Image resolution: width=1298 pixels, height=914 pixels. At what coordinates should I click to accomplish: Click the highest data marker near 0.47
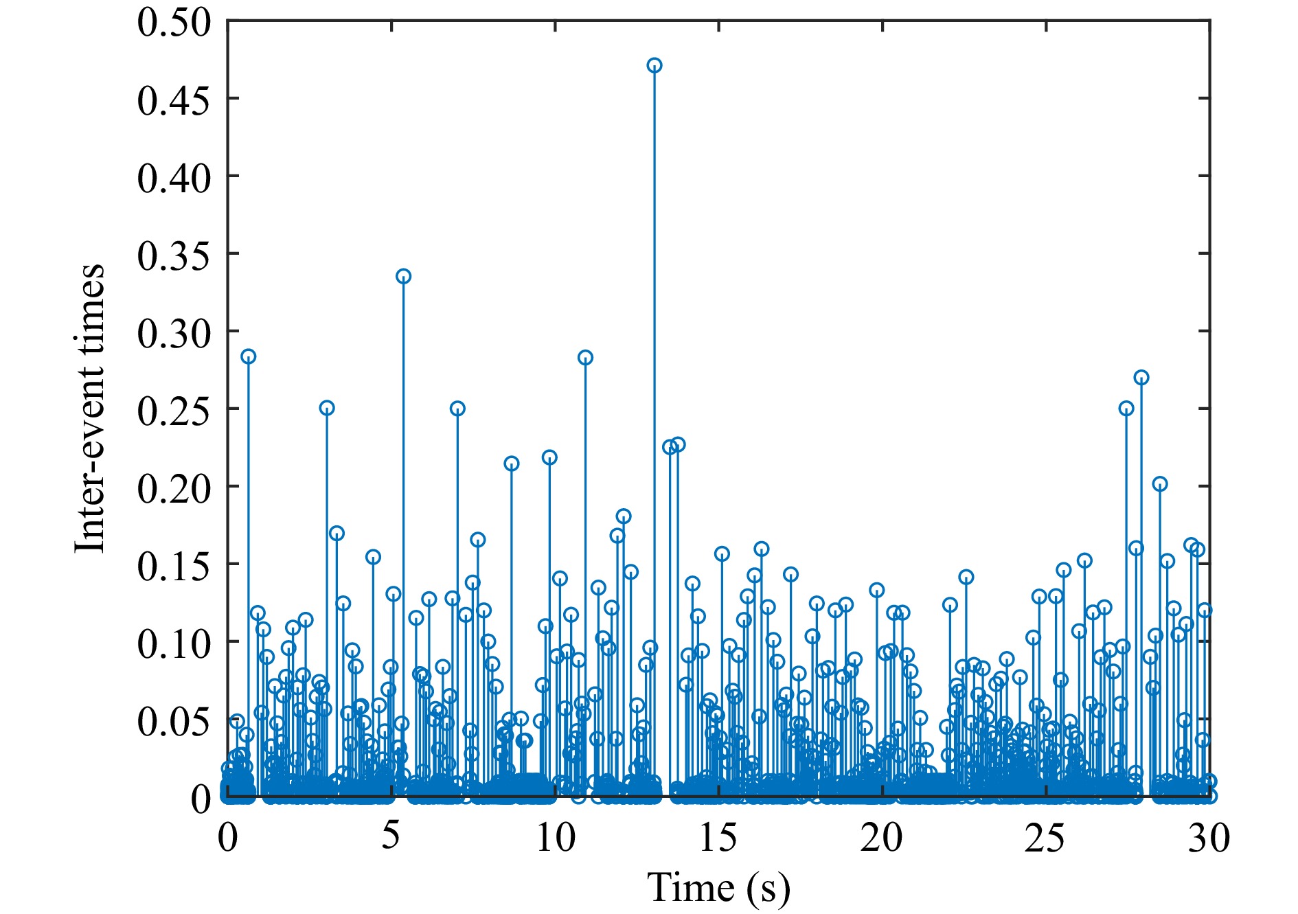(654, 66)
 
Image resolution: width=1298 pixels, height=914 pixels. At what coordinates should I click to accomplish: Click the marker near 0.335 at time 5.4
(404, 277)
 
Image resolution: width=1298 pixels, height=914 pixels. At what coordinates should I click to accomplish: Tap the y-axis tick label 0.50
(174, 22)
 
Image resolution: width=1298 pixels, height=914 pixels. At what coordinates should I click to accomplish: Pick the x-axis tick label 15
(718, 838)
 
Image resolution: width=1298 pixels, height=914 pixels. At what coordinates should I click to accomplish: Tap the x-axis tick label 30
(1209, 838)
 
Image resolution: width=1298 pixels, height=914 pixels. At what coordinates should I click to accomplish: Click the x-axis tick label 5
(391, 838)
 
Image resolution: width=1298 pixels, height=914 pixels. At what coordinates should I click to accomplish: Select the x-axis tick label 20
(882, 838)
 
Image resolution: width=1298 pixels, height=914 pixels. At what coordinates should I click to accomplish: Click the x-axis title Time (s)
(718, 887)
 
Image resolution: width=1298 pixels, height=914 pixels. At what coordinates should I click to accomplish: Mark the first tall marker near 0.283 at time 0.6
(249, 356)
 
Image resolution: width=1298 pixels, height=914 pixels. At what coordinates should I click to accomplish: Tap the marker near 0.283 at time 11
(585, 358)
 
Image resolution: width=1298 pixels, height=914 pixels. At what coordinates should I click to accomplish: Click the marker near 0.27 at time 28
(1141, 378)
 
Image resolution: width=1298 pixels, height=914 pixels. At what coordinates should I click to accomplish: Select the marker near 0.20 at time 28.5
(1160, 484)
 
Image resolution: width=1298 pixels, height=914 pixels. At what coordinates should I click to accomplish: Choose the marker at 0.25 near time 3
(327, 408)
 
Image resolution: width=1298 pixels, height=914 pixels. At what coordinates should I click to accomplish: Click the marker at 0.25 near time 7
(457, 409)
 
